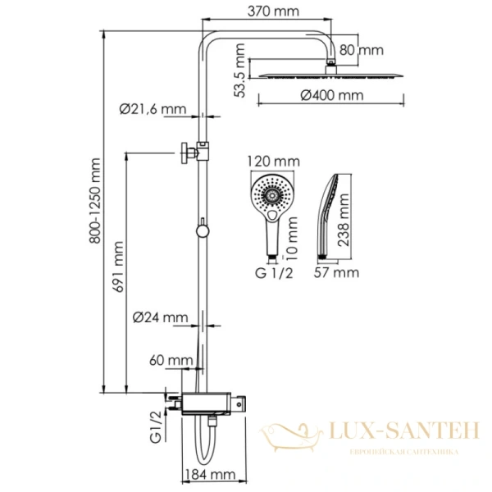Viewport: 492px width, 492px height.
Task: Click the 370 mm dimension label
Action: [x=275, y=12]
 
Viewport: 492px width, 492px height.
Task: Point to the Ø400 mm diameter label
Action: [x=331, y=95]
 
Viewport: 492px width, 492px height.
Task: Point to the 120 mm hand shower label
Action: [x=272, y=161]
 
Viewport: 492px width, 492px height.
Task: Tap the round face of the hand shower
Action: [x=271, y=194]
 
